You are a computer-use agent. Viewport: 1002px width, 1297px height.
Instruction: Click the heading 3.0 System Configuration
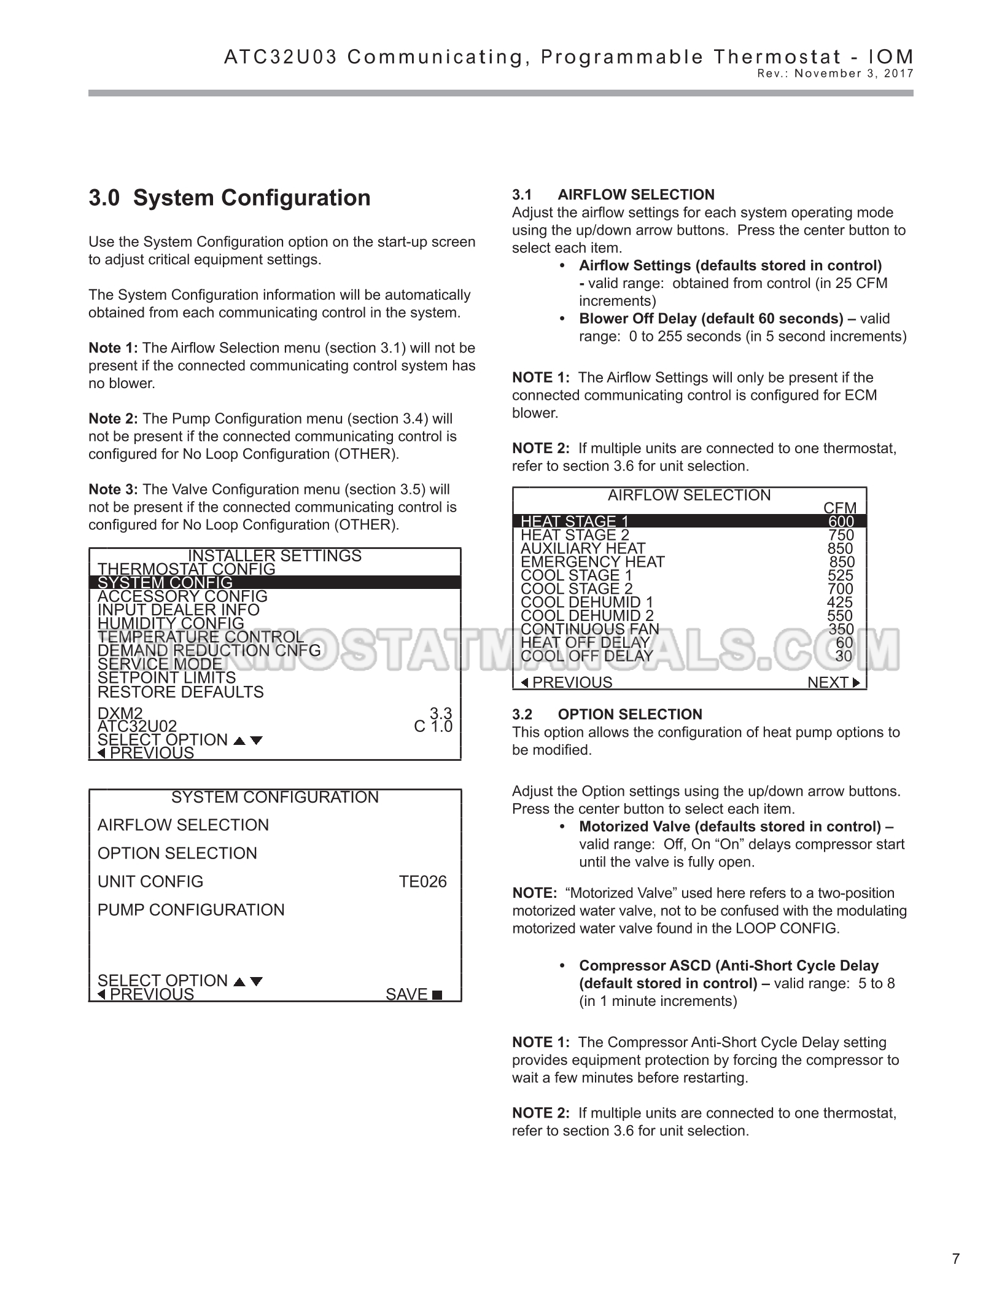tap(230, 198)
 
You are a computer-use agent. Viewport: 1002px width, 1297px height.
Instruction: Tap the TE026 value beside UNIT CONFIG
tap(422, 882)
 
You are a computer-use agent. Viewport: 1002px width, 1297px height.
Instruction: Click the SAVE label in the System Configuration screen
tap(413, 994)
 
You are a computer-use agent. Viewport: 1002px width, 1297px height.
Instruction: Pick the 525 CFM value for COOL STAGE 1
tap(840, 575)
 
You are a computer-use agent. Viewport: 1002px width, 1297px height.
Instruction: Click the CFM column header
tap(839, 508)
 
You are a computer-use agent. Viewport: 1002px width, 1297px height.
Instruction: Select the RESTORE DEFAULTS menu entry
tap(181, 692)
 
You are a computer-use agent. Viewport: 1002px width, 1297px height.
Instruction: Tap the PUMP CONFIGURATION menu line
tap(191, 910)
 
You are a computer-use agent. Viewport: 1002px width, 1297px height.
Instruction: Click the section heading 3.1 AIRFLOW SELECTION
tap(613, 195)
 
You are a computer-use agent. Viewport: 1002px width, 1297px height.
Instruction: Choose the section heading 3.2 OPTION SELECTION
tap(607, 714)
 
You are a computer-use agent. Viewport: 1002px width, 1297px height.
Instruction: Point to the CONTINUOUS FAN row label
tap(589, 629)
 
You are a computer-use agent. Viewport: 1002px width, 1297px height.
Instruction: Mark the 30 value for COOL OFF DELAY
tap(844, 656)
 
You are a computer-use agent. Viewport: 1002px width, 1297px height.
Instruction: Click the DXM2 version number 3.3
tap(440, 714)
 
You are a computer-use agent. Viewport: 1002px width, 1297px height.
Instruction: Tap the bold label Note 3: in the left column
tap(114, 489)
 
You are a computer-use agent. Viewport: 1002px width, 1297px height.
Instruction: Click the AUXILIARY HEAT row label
tap(583, 548)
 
